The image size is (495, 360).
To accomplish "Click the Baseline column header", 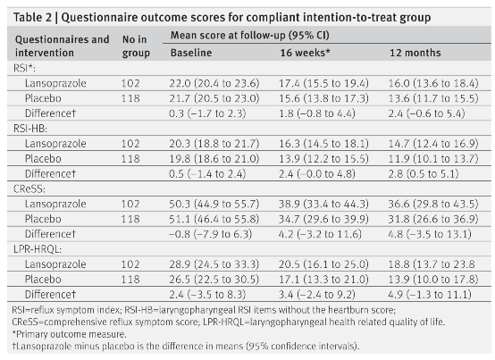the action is tap(191, 53).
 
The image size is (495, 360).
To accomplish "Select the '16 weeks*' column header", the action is tap(305, 53).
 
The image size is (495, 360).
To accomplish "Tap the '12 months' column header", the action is tap(415, 53).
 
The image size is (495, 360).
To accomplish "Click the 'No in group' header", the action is tap(136, 46).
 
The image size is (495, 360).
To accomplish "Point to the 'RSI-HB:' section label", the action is tap(30, 129).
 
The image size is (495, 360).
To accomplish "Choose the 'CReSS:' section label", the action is tap(29, 188).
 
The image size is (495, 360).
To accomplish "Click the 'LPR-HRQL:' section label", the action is tap(38, 249).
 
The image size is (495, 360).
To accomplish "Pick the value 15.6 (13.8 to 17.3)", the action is tap(323, 98).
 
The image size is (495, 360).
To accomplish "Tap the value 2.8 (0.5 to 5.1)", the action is tap(424, 173).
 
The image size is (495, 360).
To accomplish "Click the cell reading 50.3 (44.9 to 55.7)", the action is tap(214, 204).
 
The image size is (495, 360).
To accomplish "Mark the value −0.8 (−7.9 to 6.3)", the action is tap(210, 234).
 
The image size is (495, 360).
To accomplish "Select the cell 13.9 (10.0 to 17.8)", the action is tap(433, 280).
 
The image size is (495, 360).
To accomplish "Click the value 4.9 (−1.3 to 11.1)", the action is tap(430, 295).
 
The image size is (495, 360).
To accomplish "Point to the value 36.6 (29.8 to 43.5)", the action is tap(433, 204).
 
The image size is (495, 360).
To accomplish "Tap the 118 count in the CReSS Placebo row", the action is tap(130, 219).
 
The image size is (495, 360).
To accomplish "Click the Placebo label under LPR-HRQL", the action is tap(43, 280).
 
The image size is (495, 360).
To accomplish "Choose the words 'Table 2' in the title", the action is tap(32, 17).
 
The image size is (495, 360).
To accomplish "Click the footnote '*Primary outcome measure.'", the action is tap(69, 334).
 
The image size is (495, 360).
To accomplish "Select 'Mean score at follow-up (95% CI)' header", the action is tap(249, 35).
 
